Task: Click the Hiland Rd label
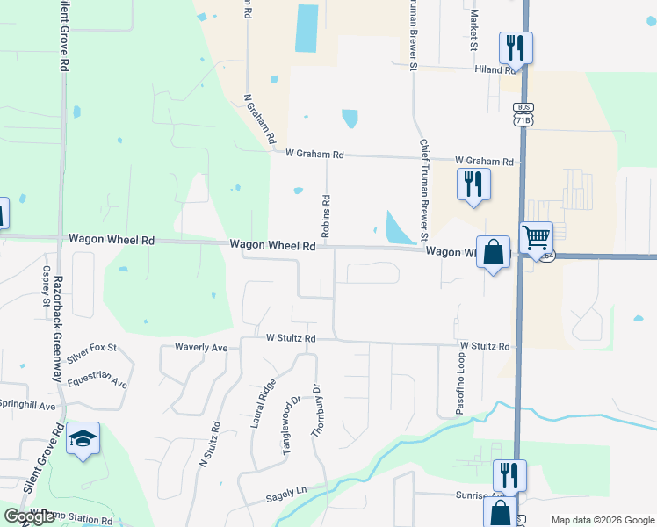(x=495, y=69)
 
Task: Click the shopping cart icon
(x=536, y=237)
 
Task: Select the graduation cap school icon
(x=83, y=439)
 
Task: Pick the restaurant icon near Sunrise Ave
(x=509, y=475)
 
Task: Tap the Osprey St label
(x=45, y=285)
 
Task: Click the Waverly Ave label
(x=201, y=348)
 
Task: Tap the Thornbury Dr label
(x=317, y=409)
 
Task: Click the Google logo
(x=30, y=516)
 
